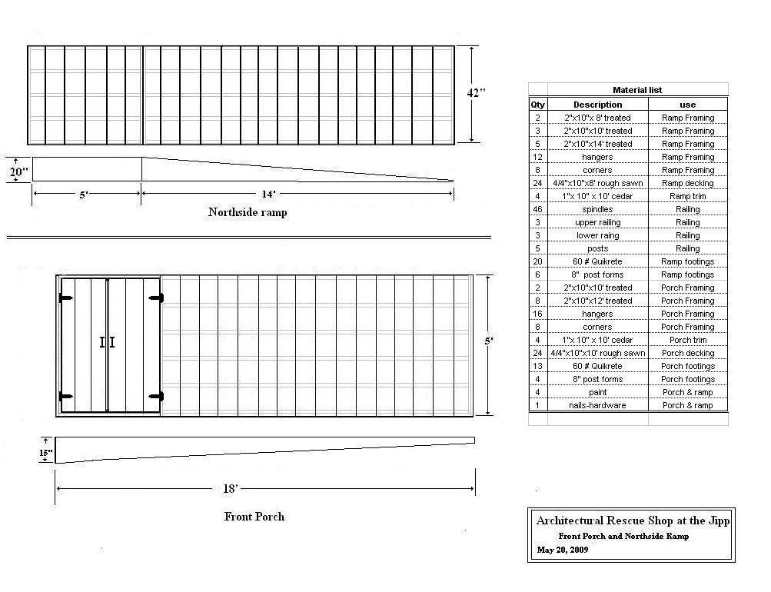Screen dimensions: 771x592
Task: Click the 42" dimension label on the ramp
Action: (x=476, y=92)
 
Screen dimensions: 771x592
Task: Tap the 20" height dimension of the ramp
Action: (x=18, y=171)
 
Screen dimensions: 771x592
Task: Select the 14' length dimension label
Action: (x=268, y=195)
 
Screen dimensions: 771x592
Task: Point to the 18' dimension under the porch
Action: (x=230, y=488)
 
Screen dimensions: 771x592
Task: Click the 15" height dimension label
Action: (x=45, y=453)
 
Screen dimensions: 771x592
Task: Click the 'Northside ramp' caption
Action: (x=248, y=212)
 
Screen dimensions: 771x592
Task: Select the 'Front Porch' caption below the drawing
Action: (x=254, y=517)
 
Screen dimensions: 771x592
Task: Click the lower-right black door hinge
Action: (x=156, y=396)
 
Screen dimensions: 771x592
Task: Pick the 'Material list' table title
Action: (x=637, y=90)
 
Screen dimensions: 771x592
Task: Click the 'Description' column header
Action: (x=597, y=105)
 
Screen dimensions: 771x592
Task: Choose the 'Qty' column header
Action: (x=537, y=105)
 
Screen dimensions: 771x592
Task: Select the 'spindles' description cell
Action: (x=597, y=209)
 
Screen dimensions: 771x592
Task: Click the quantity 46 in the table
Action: (x=537, y=209)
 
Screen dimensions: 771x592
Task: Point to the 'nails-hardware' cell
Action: (x=597, y=405)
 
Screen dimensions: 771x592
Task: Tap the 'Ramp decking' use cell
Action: (x=687, y=183)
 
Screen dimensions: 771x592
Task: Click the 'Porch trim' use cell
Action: (x=687, y=340)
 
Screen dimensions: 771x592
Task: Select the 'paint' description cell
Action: (x=597, y=392)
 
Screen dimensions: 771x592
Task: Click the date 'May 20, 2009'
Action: (x=563, y=550)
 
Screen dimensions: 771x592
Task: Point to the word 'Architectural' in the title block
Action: (x=570, y=520)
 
